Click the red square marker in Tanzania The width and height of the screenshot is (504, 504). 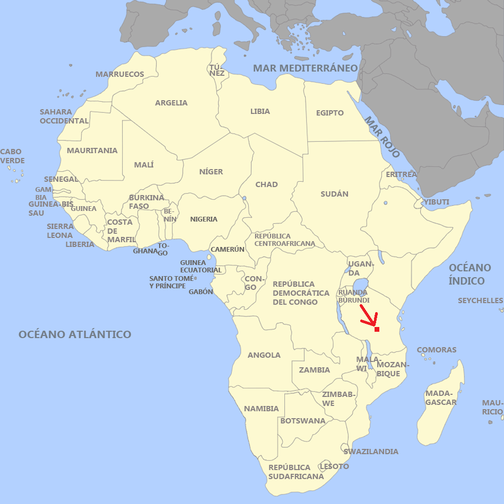click(377, 330)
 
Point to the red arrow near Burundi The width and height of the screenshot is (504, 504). click(369, 315)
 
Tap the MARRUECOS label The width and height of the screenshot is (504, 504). click(120, 74)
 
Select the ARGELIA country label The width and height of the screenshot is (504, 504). click(171, 103)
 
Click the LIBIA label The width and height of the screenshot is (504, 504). click(260, 111)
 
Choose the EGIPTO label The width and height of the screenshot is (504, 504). click(330, 113)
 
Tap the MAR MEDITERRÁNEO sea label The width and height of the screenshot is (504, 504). click(306, 68)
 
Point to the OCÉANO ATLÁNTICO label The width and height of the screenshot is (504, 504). click(75, 334)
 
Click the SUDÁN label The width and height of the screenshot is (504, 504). click(335, 194)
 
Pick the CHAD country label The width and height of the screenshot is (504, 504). click(266, 184)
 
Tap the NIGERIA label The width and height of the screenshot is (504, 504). click(204, 219)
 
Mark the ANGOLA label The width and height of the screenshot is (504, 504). click(264, 355)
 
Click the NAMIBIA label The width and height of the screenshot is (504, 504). click(262, 409)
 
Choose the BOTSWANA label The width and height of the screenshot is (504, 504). click(303, 421)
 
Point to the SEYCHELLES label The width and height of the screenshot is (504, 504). click(481, 300)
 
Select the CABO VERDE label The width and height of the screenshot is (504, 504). click(12, 156)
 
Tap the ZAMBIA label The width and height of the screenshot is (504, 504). click(315, 370)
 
